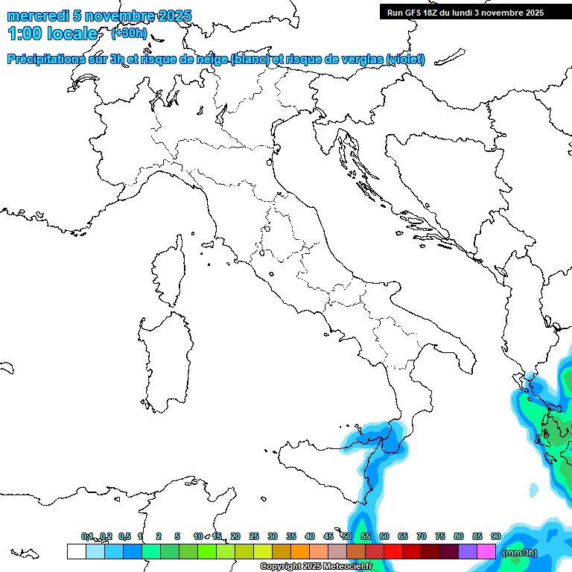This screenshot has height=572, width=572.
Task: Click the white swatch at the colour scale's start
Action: click(76, 552)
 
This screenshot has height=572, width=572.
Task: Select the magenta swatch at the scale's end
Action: click(486, 552)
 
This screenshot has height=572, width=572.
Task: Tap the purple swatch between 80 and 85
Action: click(468, 552)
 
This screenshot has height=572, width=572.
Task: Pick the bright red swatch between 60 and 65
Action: click(393, 552)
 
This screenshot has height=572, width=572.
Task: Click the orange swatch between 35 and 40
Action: click(300, 552)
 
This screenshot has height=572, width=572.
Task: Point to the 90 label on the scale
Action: click(495, 536)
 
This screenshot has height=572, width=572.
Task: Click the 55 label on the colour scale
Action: click(366, 536)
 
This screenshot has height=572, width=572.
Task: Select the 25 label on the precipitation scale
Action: click(254, 536)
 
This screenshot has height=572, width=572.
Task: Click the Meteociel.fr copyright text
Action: click(316, 567)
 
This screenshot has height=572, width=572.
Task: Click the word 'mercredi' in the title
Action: click(38, 16)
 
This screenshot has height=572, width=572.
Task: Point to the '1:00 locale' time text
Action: click(52, 34)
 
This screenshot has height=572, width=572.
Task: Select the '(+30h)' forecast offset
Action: click(129, 33)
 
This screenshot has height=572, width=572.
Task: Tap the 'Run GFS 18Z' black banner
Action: click(465, 12)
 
